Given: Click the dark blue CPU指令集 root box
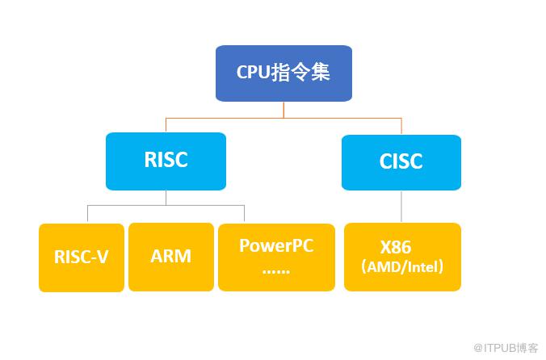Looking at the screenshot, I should [x=283, y=73].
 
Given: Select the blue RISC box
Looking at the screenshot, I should [x=166, y=160].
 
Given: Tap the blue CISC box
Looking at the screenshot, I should [x=401, y=161].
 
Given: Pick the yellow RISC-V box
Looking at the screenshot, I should [x=81, y=257].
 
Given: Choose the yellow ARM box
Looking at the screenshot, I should [x=170, y=257].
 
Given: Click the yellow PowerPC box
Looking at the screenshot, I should [x=276, y=257].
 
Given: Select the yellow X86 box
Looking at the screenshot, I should [x=402, y=257].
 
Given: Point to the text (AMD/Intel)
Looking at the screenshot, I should [x=402, y=267].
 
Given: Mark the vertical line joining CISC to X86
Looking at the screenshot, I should [x=401, y=207].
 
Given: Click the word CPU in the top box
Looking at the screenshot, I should [x=254, y=72].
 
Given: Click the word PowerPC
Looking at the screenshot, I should [x=276, y=245].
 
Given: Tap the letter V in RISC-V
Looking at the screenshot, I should [x=103, y=257].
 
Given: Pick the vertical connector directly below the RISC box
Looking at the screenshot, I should [x=166, y=197].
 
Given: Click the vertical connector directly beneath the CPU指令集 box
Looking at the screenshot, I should [x=283, y=110].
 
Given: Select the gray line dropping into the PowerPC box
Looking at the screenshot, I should [x=244, y=214].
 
